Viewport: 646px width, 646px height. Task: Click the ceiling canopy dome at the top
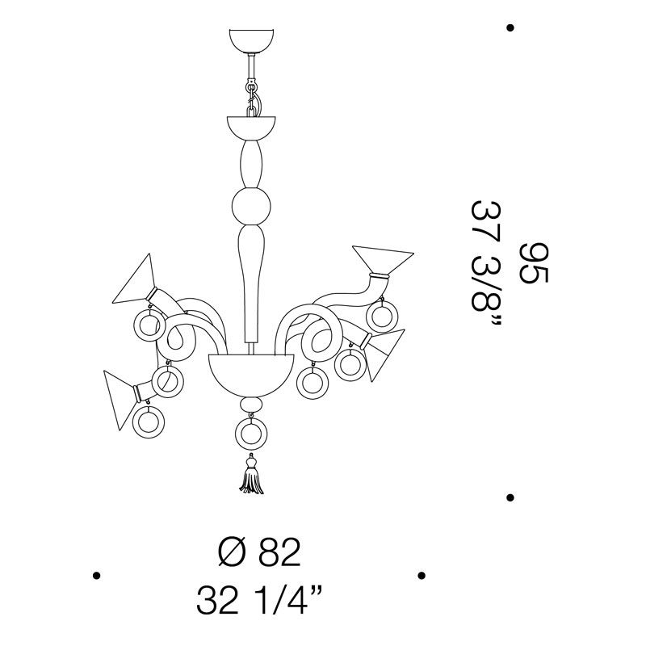[251, 40]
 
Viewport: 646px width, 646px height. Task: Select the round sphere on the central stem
[251, 207]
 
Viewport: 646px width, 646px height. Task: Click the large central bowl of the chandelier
[251, 374]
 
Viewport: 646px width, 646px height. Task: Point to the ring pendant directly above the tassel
[251, 434]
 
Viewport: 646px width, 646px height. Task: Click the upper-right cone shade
[382, 259]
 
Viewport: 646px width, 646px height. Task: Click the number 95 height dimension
[534, 263]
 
